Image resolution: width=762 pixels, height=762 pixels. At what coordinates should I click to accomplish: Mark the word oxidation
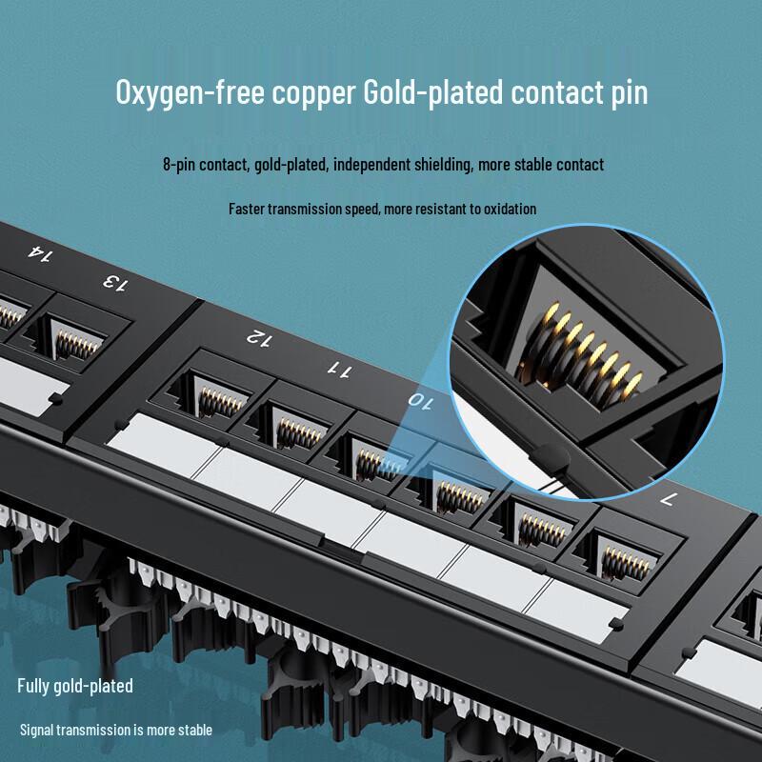tap(506, 209)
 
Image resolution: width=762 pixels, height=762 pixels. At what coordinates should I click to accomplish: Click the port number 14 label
tap(41, 253)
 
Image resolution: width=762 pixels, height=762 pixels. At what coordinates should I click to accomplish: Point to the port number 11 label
tap(339, 368)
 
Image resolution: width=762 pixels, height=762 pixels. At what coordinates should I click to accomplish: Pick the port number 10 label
tap(420, 400)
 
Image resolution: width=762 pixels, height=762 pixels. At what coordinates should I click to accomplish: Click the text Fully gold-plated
tap(75, 686)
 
